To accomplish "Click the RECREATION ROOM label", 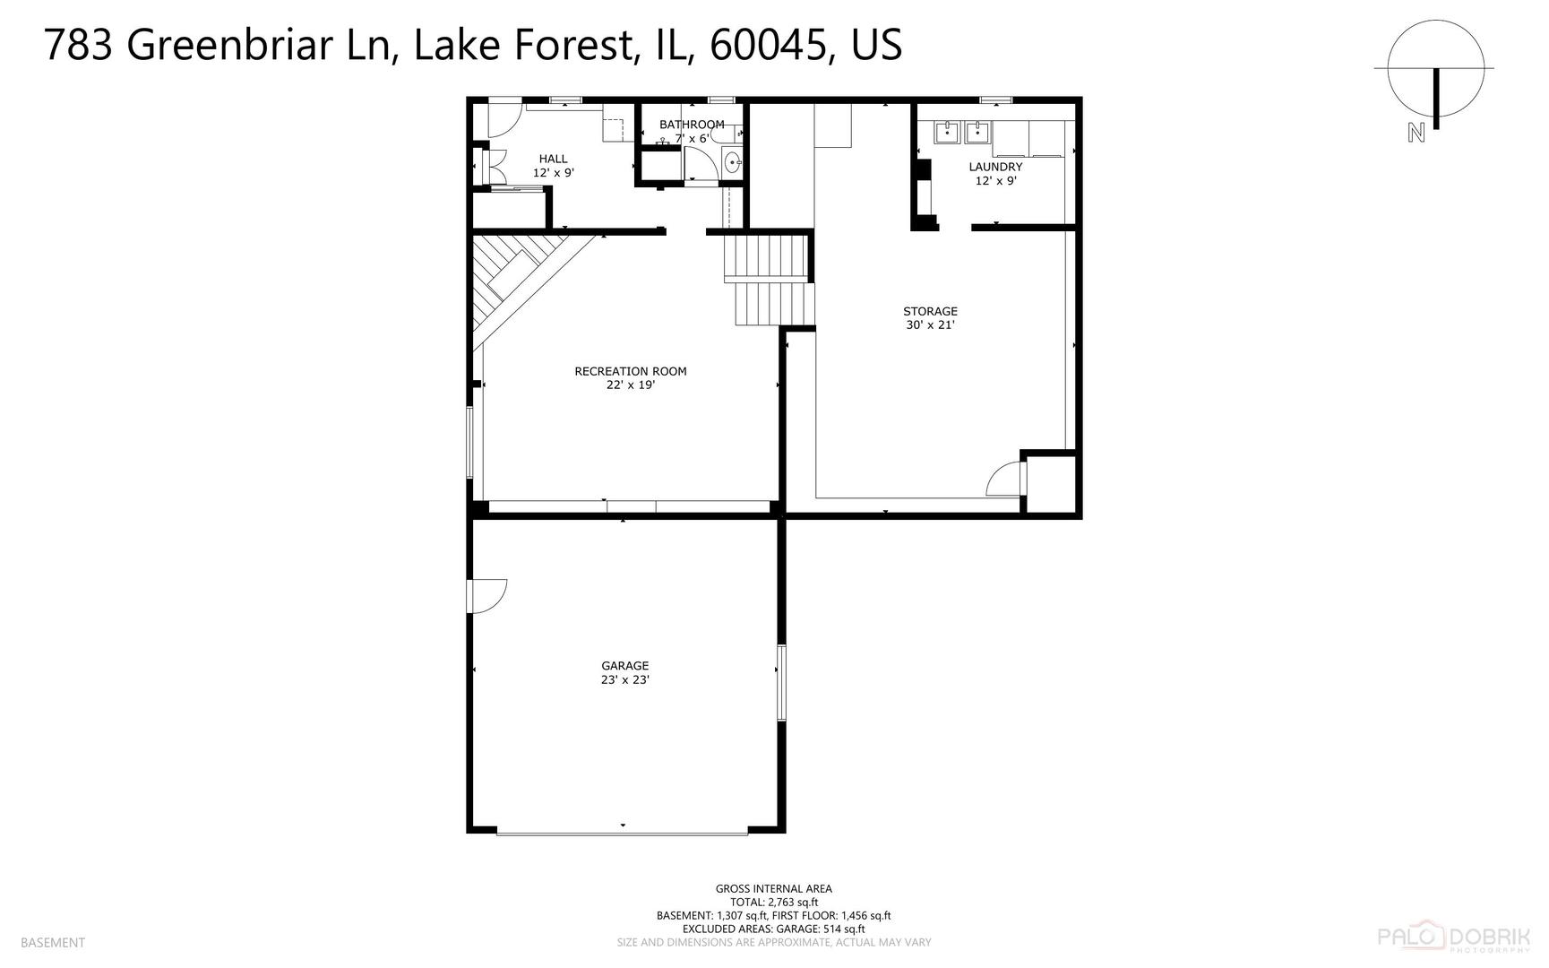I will pyautogui.click(x=630, y=371).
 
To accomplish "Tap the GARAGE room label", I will pyautogui.click(x=624, y=666).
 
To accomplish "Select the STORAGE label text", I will pyautogui.click(x=930, y=312).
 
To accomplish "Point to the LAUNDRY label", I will pyautogui.click(x=995, y=167).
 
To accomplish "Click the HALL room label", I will pyautogui.click(x=553, y=159).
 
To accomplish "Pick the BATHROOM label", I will pyautogui.click(x=692, y=125).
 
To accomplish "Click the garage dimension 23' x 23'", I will pyautogui.click(x=624, y=680).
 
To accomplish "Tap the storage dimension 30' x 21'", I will pyautogui.click(x=930, y=326).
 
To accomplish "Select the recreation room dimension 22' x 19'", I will pyautogui.click(x=630, y=385).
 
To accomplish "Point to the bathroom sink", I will pyautogui.click(x=732, y=163).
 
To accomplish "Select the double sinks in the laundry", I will pyautogui.click(x=962, y=134).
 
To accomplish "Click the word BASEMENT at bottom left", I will pyautogui.click(x=52, y=943).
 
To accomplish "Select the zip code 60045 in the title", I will pyautogui.click(x=768, y=45).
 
